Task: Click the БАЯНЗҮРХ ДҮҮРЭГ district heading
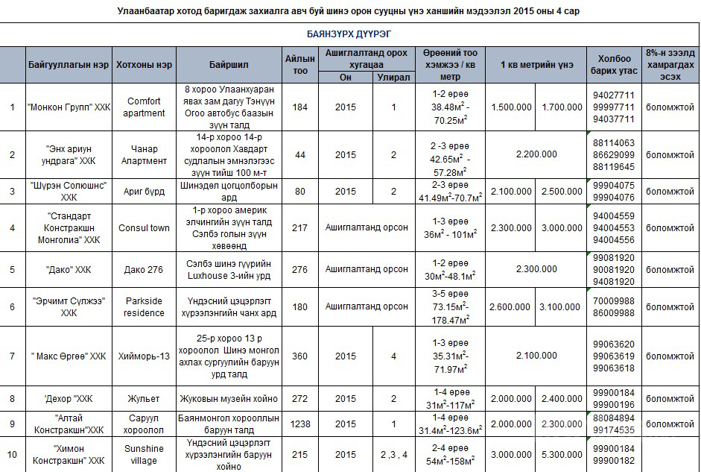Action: (x=349, y=34)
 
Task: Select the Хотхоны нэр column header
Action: (x=144, y=65)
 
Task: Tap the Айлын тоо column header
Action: (x=300, y=65)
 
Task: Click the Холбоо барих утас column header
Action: (x=613, y=65)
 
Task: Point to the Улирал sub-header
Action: (x=393, y=77)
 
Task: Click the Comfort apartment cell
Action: (x=144, y=107)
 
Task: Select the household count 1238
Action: (x=300, y=424)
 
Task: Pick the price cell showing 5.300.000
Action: (x=562, y=454)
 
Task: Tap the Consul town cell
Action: (x=144, y=227)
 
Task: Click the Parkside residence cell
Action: (x=144, y=306)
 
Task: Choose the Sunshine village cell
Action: (x=144, y=454)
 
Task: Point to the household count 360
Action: (x=300, y=356)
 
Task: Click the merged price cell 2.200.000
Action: (x=536, y=154)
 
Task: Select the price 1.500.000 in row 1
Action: (x=511, y=107)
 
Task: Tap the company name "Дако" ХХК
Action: (x=69, y=269)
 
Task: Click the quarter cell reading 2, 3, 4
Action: (x=393, y=454)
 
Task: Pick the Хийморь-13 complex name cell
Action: (x=144, y=356)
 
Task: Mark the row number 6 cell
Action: (x=12, y=306)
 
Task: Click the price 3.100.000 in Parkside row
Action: (x=562, y=306)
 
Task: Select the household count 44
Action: (x=300, y=154)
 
